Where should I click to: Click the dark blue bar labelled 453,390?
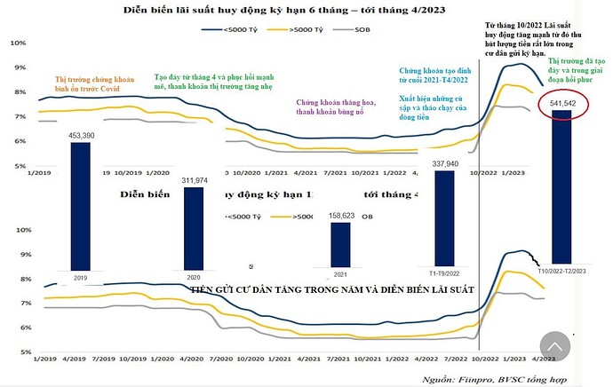click(x=80, y=204)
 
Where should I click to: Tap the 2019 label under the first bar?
click(x=80, y=276)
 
